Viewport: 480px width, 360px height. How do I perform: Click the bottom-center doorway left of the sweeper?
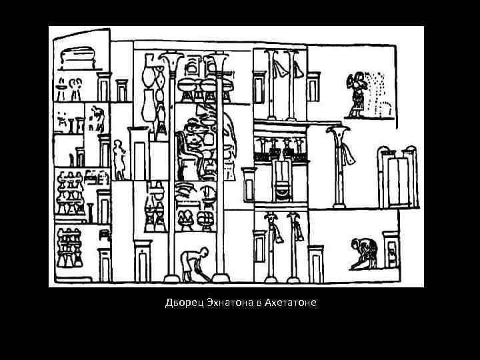143,263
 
